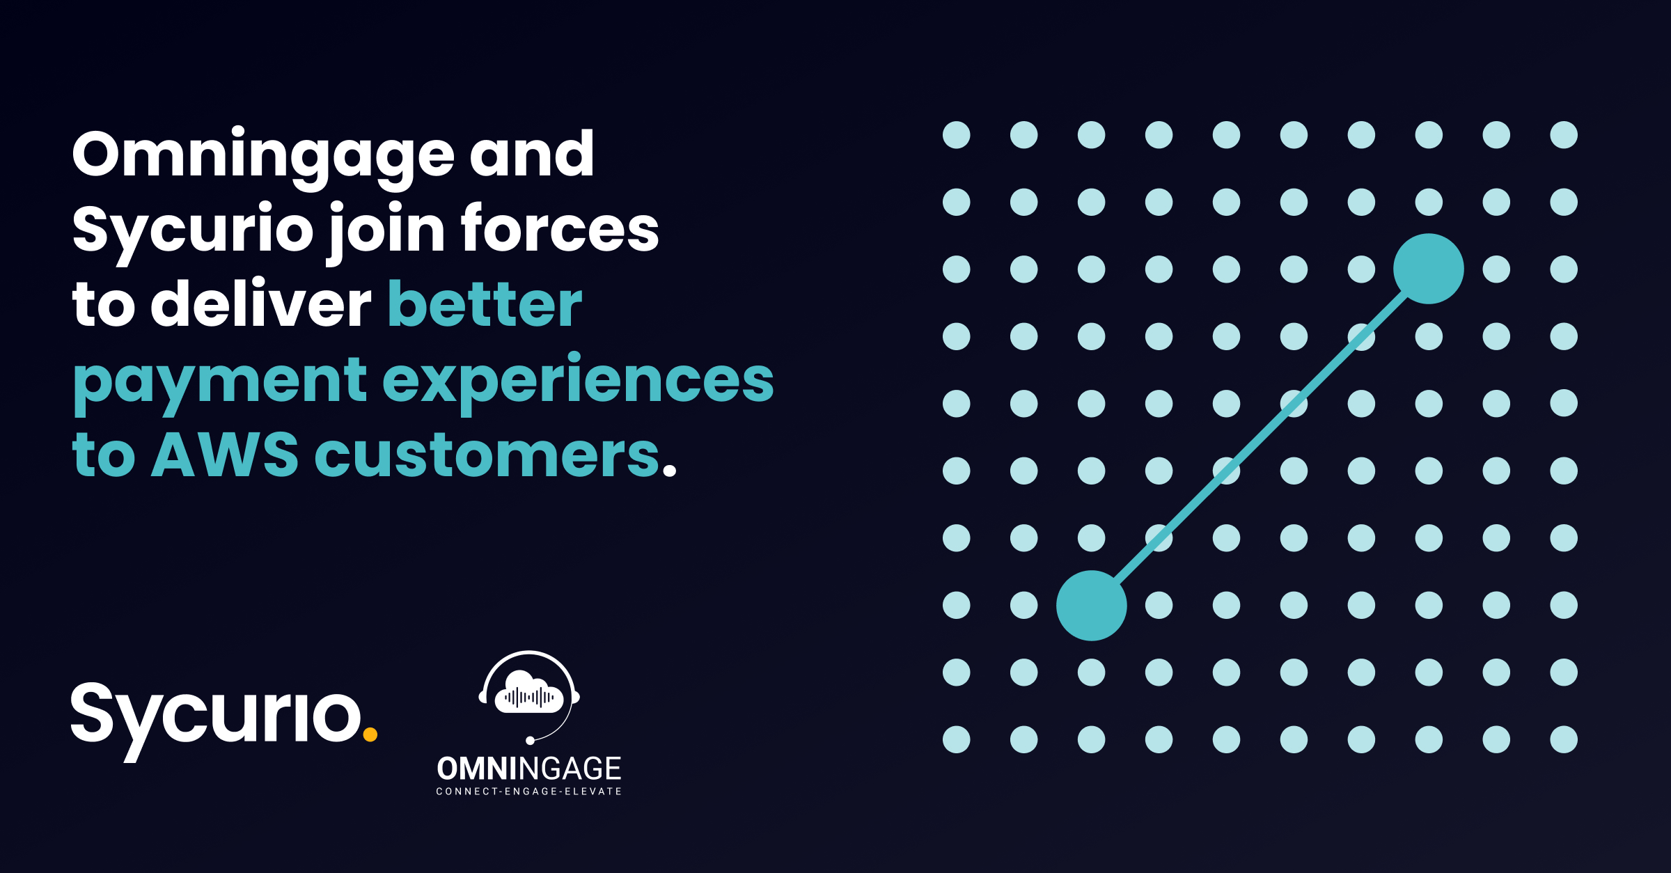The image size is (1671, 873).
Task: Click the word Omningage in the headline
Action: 263,155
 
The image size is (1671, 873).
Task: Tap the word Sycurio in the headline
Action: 193,230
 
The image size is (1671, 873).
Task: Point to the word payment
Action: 220,382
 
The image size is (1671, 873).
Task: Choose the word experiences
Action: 578,382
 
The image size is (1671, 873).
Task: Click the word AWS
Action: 224,456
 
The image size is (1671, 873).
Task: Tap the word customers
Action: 487,456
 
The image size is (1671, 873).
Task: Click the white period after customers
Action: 669,471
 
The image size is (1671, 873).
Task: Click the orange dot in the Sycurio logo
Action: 370,734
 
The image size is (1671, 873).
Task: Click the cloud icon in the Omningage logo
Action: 529,693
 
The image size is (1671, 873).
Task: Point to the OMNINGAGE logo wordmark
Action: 529,769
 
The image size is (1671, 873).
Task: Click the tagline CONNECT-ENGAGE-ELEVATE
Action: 529,792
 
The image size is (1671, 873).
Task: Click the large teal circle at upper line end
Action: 1429,269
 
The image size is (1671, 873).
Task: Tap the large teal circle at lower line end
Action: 1092,606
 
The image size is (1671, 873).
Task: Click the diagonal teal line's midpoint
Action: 1260,437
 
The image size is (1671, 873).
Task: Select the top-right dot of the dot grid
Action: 1564,135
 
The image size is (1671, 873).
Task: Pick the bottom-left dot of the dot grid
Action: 956,739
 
